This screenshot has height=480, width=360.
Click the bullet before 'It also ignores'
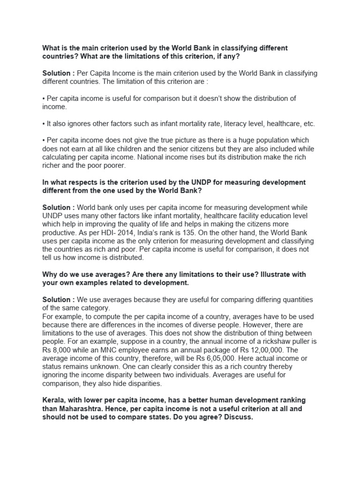tap(44, 124)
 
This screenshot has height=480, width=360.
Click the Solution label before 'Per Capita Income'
tap(58, 73)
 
